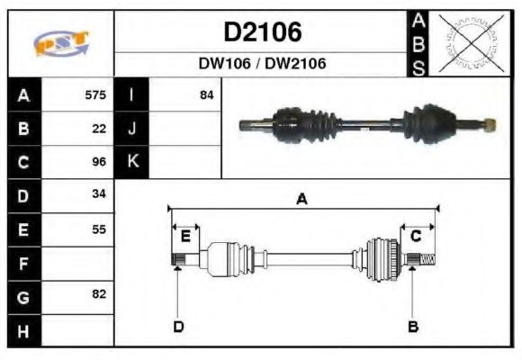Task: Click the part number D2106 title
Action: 262,33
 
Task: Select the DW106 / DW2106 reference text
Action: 262,64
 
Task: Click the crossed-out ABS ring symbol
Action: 470,43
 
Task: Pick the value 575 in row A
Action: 94,94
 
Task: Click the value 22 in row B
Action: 99,128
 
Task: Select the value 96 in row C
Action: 99,162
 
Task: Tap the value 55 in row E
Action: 99,229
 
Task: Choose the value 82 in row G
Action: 99,294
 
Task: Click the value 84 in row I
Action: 206,94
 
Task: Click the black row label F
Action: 24,263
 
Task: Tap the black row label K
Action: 132,162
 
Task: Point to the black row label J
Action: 132,128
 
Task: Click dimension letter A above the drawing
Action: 301,200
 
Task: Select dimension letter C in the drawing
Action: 416,236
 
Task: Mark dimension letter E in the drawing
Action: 185,237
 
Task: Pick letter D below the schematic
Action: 178,326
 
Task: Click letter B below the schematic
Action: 413,326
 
